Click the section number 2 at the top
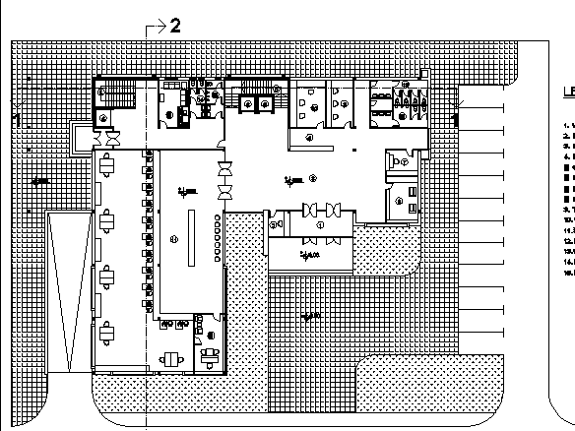pyautogui.click(x=175, y=26)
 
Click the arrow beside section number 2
pyautogui.click(x=155, y=27)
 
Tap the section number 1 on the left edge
pyautogui.click(x=17, y=119)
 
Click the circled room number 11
pyautogui.click(x=174, y=238)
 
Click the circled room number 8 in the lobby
pyautogui.click(x=312, y=178)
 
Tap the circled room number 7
pyautogui.click(x=404, y=161)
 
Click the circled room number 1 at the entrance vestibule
pyautogui.click(x=320, y=225)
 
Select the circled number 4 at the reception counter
pyautogui.click(x=308, y=138)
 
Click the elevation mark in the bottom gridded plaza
pyautogui.click(x=311, y=316)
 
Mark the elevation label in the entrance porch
pyautogui.click(x=311, y=256)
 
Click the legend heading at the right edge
pyautogui.click(x=569, y=95)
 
